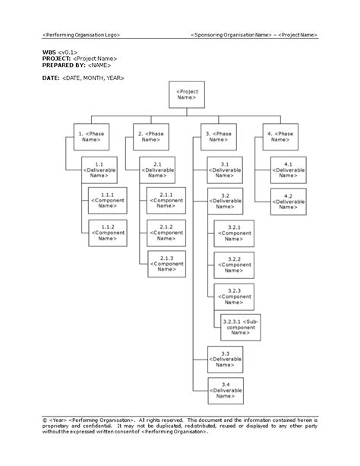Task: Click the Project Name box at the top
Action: [x=186, y=94]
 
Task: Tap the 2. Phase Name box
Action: [x=150, y=137]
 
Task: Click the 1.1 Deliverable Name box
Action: [x=99, y=170]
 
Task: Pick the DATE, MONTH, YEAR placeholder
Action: [x=94, y=78]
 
